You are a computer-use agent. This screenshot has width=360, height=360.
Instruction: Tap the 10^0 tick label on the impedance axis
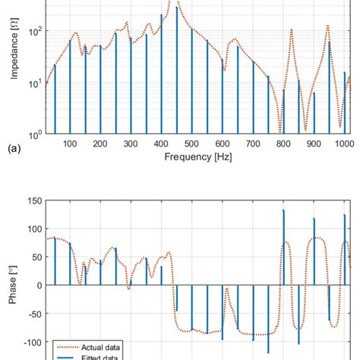click(x=34, y=135)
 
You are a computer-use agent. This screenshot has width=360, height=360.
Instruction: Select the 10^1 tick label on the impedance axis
click(x=34, y=84)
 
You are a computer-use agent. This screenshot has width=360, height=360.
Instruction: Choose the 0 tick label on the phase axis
click(x=38, y=286)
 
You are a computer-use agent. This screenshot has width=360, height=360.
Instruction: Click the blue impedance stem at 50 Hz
click(x=55, y=99)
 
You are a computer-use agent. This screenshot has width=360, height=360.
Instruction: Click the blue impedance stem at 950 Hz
click(x=329, y=87)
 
